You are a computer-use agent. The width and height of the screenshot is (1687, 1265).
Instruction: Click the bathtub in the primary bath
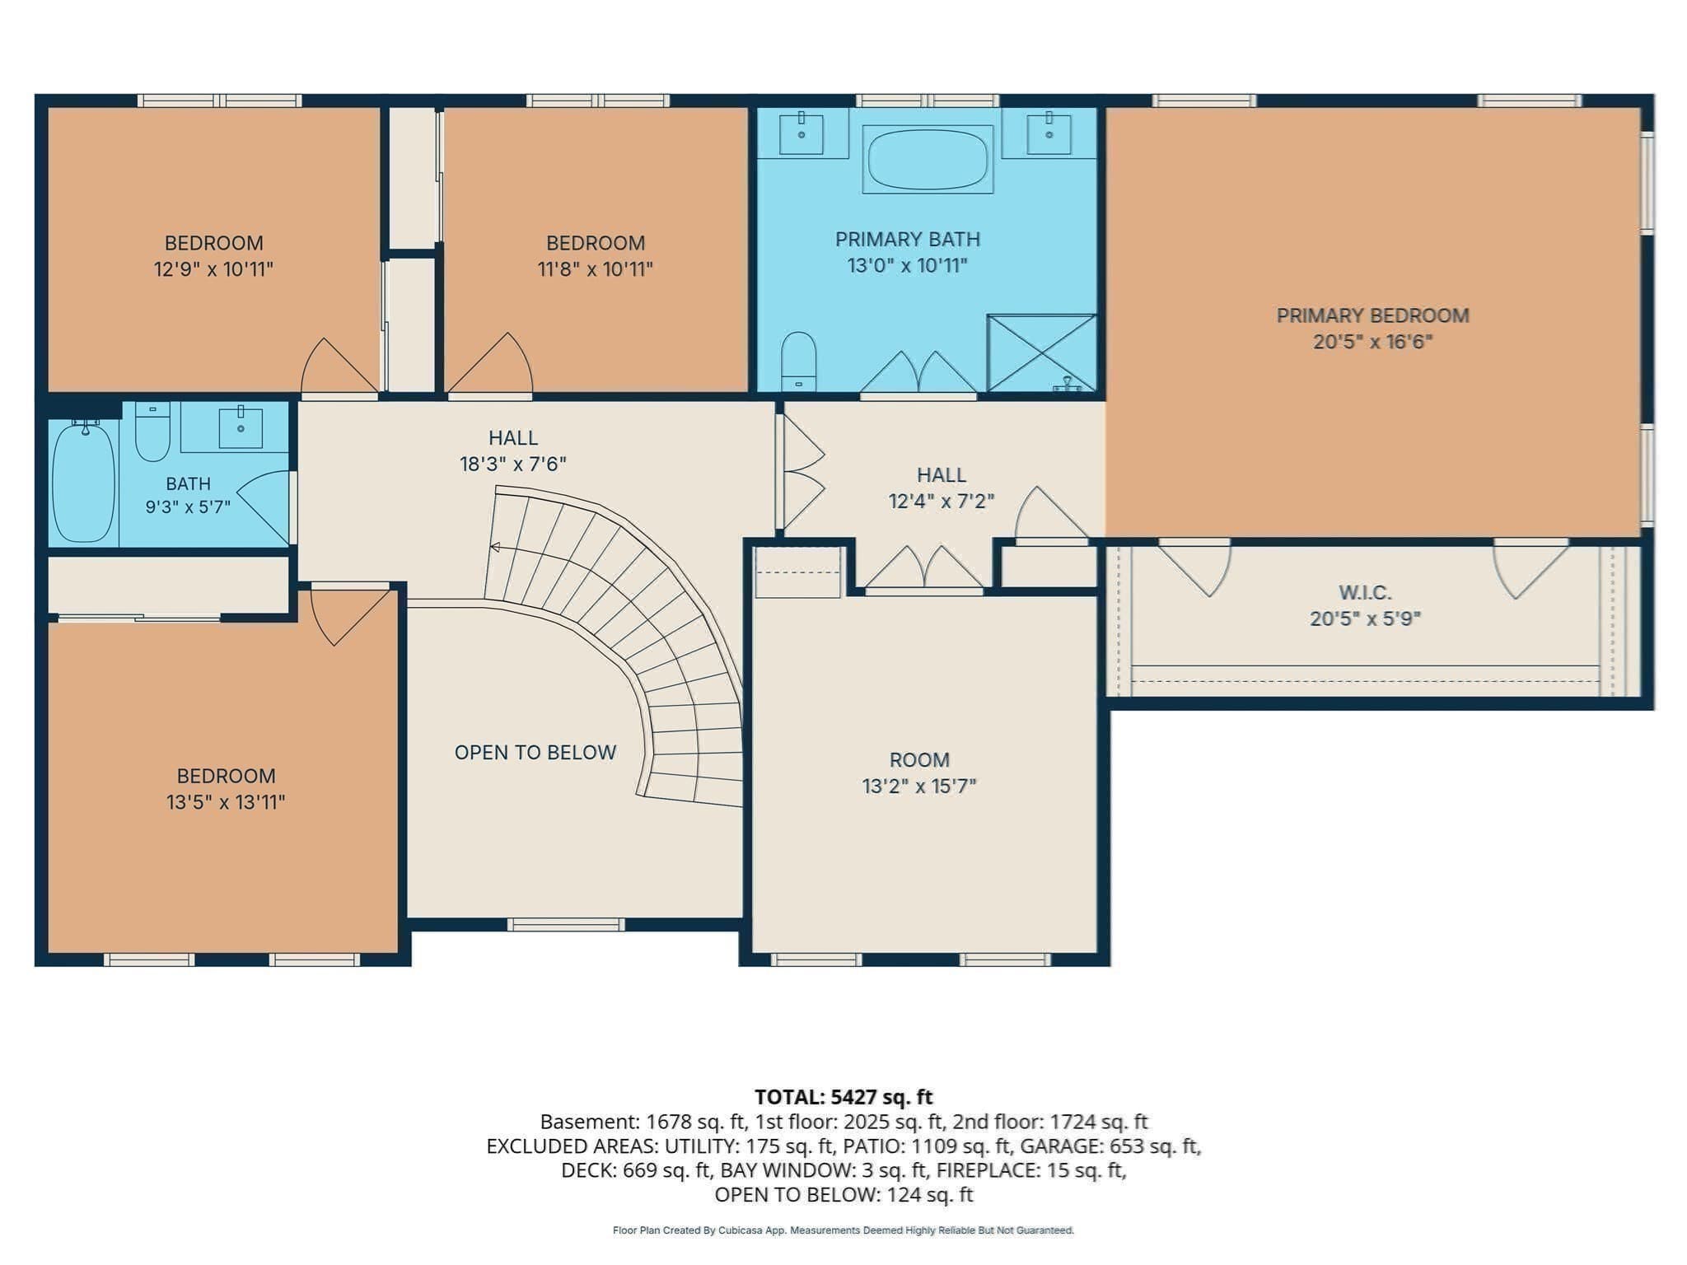928,160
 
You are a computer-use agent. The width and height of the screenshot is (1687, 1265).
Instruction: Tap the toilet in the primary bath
798,362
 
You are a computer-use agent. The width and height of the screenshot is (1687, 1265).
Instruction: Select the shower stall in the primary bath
1041,352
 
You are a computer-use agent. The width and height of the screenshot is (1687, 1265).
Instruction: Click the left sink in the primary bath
801,133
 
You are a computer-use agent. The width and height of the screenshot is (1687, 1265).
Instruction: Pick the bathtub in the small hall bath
83,482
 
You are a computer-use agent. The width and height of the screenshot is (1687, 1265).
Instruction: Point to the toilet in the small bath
152,431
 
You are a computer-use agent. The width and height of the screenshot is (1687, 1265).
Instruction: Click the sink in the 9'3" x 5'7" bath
241,428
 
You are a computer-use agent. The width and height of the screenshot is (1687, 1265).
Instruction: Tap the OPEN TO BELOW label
535,752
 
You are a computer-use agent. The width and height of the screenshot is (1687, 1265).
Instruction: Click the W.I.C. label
1365,592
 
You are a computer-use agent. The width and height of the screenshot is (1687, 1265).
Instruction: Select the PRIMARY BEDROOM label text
1372,315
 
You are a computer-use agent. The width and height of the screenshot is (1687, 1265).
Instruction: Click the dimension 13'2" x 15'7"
919,786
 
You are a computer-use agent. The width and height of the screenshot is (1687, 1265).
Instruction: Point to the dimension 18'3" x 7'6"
513,464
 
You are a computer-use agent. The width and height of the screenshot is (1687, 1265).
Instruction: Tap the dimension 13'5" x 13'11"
226,801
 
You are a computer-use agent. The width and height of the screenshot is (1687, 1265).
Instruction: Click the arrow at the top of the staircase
496,547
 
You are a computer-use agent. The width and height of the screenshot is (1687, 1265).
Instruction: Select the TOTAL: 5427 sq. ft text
843,1097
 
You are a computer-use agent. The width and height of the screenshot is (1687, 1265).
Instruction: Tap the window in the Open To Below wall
566,925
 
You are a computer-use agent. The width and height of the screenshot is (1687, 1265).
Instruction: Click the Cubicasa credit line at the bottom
843,1230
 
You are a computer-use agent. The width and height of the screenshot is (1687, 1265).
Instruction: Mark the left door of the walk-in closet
1195,567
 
